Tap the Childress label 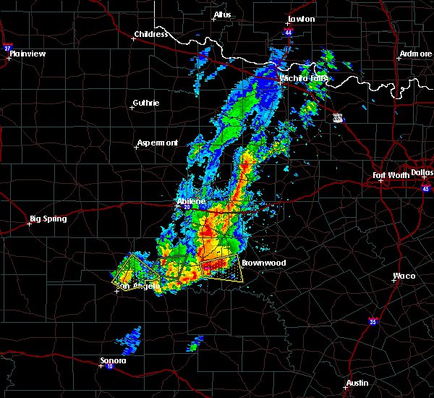click(150, 34)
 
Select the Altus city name click(221, 14)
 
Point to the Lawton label click(301, 19)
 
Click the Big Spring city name click(48, 219)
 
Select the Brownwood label click(263, 263)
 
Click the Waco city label click(404, 276)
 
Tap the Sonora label click(113, 360)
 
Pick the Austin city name click(357, 383)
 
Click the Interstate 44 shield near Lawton click(289, 33)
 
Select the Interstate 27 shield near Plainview click(8, 48)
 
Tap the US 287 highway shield click(339, 118)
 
